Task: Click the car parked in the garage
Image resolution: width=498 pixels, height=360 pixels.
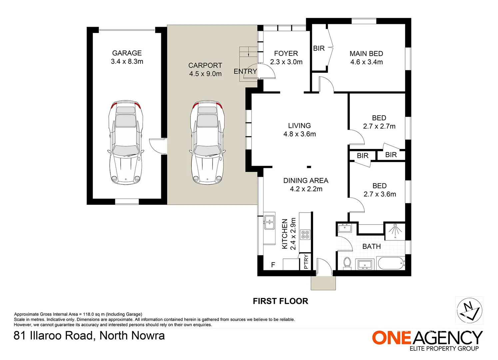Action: point(126,142)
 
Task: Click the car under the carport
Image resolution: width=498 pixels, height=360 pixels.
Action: point(207,142)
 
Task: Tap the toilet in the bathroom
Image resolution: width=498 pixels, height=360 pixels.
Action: point(347,263)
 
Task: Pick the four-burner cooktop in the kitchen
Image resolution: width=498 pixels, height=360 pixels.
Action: point(305,235)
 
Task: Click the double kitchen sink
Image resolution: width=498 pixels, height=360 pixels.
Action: point(269,222)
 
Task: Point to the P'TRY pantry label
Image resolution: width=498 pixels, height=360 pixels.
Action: point(306,262)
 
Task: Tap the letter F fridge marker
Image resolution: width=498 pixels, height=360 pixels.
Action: point(273,265)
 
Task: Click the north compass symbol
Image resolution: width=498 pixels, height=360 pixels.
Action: point(470,311)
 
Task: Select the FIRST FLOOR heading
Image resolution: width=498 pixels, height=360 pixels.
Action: point(280,301)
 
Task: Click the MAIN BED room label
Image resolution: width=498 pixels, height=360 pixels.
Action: point(366,54)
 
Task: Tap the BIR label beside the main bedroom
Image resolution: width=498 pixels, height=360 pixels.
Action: point(319,48)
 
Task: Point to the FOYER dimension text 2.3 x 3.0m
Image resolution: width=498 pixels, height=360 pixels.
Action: point(286,62)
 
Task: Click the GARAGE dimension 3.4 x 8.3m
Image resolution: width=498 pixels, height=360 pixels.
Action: point(127,61)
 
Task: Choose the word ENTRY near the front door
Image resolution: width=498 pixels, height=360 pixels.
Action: point(245,71)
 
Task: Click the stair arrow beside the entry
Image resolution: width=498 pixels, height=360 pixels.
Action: point(248,54)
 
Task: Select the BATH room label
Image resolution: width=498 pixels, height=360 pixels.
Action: point(371,246)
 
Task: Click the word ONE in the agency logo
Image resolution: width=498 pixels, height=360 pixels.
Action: point(391,338)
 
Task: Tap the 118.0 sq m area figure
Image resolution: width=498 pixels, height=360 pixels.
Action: point(94,314)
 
